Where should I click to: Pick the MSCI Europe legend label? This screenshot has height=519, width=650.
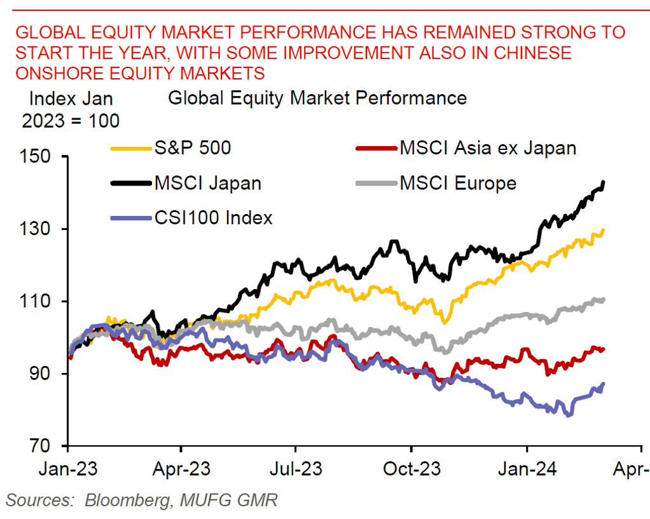click(x=458, y=184)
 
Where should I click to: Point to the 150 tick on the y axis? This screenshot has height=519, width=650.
click(x=39, y=156)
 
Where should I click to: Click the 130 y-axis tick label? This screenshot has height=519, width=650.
click(x=39, y=229)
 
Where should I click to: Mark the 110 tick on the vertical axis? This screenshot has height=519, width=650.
click(x=39, y=301)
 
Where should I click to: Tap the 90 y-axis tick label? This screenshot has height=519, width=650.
click(x=44, y=374)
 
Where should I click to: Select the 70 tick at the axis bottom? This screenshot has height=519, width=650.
click(x=44, y=446)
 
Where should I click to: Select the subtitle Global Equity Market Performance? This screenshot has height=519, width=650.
click(x=317, y=98)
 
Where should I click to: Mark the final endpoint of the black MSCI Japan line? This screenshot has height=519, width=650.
click(x=603, y=182)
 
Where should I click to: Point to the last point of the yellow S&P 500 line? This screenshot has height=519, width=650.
click(x=602, y=230)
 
